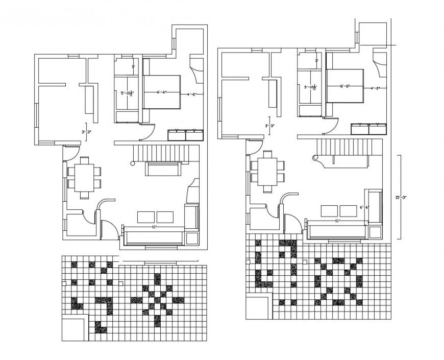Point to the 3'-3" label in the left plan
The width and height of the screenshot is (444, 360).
point(86,132)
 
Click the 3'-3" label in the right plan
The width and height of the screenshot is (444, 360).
point(269,126)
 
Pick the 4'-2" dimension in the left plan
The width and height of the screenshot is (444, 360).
point(192,94)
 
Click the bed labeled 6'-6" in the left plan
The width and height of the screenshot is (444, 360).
point(162,92)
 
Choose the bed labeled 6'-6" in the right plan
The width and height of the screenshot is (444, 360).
point(345,86)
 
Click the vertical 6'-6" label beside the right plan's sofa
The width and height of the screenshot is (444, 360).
point(363,207)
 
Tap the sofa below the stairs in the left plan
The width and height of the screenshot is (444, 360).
point(162,168)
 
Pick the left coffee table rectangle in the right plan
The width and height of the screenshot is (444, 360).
point(329,210)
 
